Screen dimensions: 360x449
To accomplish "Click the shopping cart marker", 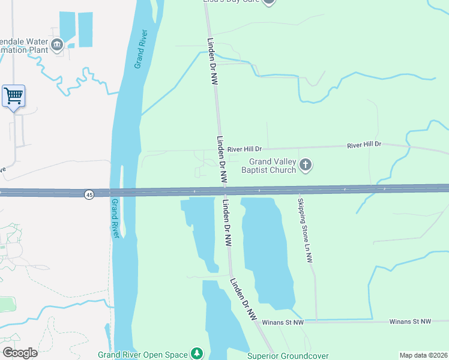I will click(x=13, y=96).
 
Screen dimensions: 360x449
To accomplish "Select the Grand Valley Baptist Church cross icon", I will click(x=306, y=165).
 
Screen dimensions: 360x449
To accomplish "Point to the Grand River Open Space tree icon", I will click(x=196, y=353).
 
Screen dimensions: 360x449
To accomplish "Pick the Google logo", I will click(x=20, y=352).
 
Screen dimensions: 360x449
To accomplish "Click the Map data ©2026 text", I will click(x=423, y=355).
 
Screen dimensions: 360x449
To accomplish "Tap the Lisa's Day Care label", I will click(x=232, y=2).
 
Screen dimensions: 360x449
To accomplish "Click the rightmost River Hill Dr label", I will click(x=365, y=145).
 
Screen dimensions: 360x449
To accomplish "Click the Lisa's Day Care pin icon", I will click(x=269, y=2).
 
